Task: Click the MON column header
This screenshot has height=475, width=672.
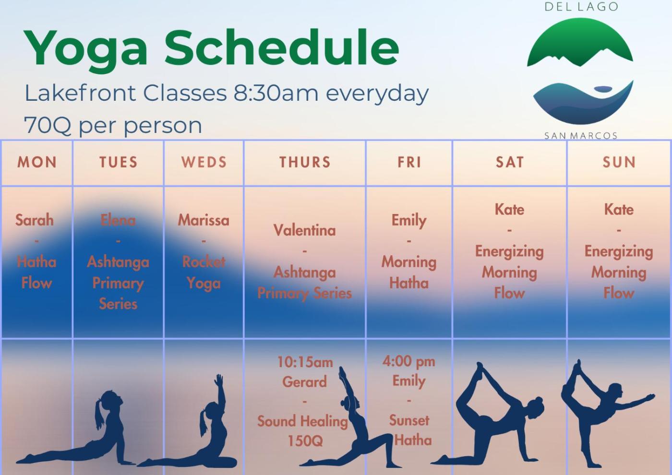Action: point(37,162)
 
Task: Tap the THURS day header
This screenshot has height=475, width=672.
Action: point(305,162)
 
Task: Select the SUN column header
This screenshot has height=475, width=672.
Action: point(619,162)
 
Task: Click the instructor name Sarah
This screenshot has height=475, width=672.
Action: point(35,220)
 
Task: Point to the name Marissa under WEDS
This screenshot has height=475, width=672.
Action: point(204,220)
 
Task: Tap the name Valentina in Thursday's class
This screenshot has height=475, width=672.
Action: point(304,230)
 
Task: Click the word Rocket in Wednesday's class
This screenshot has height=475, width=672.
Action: point(204,262)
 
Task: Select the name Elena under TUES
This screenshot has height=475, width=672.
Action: point(118,220)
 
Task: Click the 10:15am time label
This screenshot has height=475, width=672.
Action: point(305,362)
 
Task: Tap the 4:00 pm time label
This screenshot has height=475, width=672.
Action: point(409,361)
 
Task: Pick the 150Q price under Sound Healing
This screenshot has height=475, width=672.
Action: point(305,441)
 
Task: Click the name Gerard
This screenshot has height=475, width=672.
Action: point(304,382)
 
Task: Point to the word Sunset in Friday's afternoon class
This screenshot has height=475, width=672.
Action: point(409,420)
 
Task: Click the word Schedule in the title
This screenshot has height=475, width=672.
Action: point(282,48)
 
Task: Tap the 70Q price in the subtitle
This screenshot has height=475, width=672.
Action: point(48,125)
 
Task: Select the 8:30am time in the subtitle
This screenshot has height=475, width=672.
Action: point(276,93)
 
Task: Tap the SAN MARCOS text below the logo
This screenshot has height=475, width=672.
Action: point(581,136)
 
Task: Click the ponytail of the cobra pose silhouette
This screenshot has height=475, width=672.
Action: point(100,414)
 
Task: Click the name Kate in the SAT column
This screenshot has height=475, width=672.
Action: point(509,209)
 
